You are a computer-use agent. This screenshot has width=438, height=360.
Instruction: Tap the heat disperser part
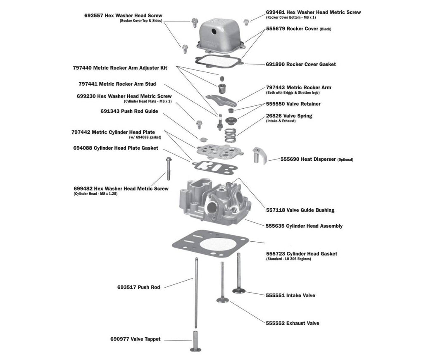tap(259, 155)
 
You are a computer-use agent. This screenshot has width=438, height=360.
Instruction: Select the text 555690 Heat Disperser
tap(308, 159)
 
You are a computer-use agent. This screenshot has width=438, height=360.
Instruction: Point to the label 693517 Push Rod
tap(138, 287)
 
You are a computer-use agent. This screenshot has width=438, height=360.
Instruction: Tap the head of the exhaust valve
tap(224, 300)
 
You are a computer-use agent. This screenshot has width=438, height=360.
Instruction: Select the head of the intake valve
tap(239, 291)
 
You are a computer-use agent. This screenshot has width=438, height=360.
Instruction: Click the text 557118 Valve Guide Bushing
tap(300, 210)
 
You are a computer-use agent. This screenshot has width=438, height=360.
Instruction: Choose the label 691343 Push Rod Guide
tap(129, 111)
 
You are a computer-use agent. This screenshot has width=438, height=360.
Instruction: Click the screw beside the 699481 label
tap(246, 21)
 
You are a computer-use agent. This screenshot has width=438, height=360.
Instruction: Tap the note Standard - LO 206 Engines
tap(288, 259)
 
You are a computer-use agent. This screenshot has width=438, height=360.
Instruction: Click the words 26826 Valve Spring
tap(289, 116)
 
